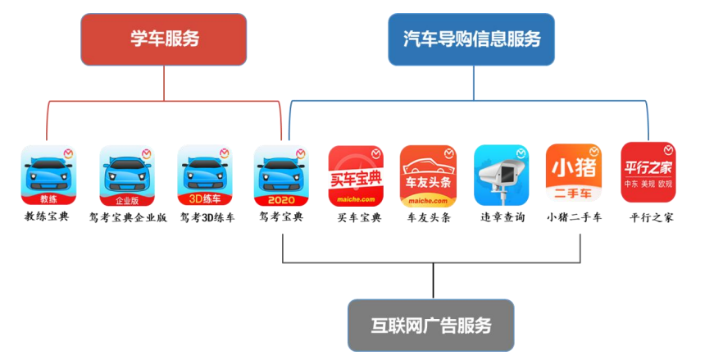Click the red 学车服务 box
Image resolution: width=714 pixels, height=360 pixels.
coord(163,39)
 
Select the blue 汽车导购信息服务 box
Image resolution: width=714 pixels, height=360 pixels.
coord(471,39)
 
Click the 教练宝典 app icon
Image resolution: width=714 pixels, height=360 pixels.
coord(48,175)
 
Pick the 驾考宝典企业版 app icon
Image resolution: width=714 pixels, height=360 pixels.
coord(127,175)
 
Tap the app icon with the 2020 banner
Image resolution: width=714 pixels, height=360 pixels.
coord(280,175)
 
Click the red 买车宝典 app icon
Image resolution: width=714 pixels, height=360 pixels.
coord(356,175)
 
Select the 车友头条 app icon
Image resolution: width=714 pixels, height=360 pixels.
coord(428,175)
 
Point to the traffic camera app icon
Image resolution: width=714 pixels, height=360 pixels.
coord(502,175)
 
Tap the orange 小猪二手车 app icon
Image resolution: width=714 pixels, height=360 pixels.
coord(574,175)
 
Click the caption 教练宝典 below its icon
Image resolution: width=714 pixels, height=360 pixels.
coord(47,217)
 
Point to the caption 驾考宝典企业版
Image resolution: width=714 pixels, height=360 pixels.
coord(128,218)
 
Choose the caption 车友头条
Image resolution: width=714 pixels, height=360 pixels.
coord(430,218)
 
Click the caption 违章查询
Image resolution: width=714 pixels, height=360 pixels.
coord(503,218)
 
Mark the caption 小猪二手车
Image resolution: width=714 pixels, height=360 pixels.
coord(575,217)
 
